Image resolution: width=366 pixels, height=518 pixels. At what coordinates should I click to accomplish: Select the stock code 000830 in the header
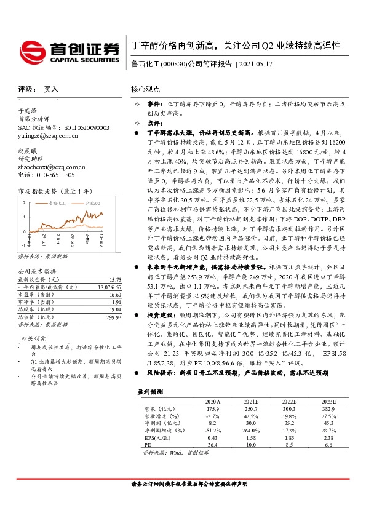tap(174, 63)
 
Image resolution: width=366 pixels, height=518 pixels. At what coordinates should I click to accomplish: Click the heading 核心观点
tap(145, 89)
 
